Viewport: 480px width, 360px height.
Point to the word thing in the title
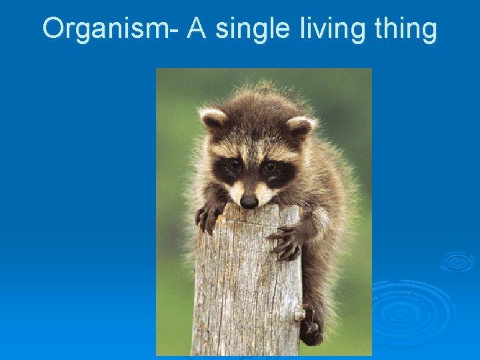[404, 30]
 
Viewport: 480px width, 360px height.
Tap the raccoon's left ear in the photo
[213, 120]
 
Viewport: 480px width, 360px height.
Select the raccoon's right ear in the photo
[301, 126]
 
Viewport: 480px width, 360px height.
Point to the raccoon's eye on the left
[234, 164]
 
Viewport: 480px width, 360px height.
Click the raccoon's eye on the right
[269, 166]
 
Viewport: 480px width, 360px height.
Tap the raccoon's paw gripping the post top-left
[208, 217]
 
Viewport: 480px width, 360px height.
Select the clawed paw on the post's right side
[285, 241]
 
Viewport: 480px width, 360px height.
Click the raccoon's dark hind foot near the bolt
[310, 330]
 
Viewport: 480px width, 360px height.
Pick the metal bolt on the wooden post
[300, 311]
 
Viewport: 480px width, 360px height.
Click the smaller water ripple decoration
[457, 261]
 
